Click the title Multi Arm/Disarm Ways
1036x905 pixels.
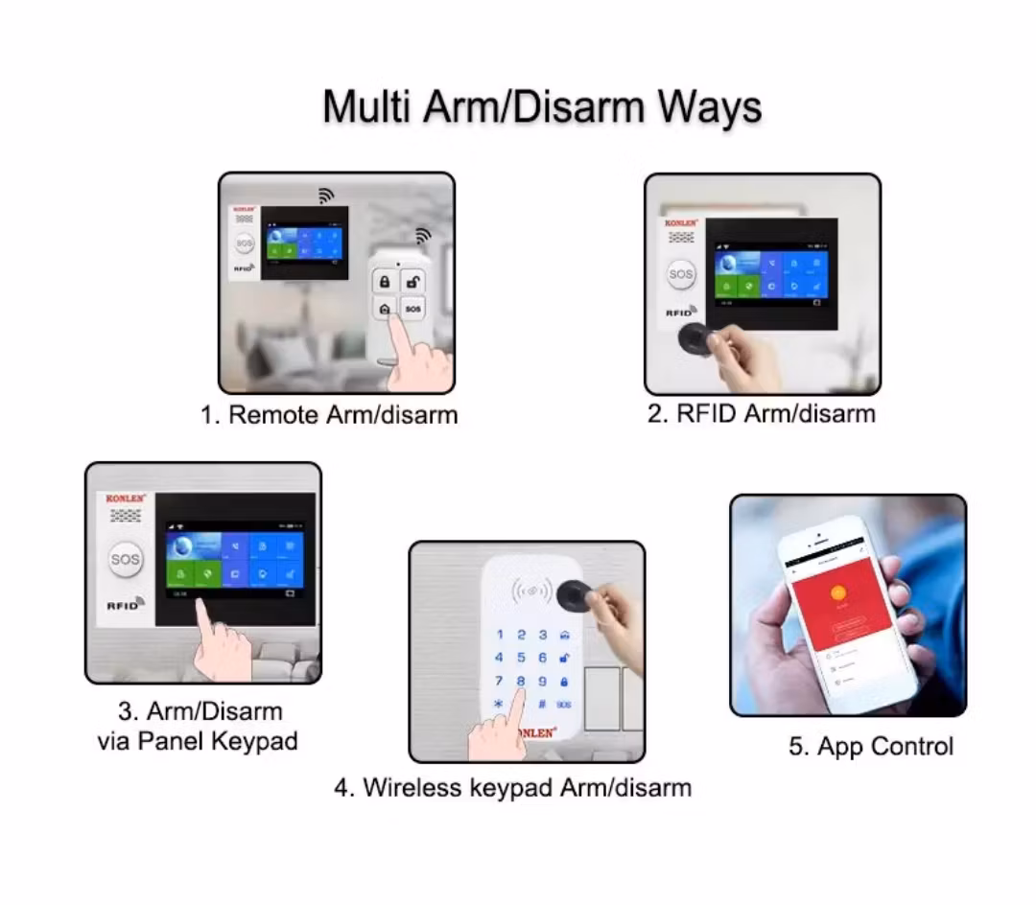(542, 106)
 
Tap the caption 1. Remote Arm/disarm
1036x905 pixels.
(329, 415)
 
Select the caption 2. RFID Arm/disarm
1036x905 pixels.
(762, 413)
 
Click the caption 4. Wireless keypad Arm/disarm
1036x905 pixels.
(513, 788)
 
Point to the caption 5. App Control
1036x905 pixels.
(871, 747)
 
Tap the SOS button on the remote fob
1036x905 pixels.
(412, 309)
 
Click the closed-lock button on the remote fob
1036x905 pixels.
(385, 282)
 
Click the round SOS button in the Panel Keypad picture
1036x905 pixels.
(125, 559)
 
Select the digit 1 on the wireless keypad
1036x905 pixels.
(499, 635)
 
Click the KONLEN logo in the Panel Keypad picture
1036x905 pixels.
(125, 499)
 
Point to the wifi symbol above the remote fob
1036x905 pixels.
(422, 235)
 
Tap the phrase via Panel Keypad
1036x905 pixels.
(198, 741)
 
